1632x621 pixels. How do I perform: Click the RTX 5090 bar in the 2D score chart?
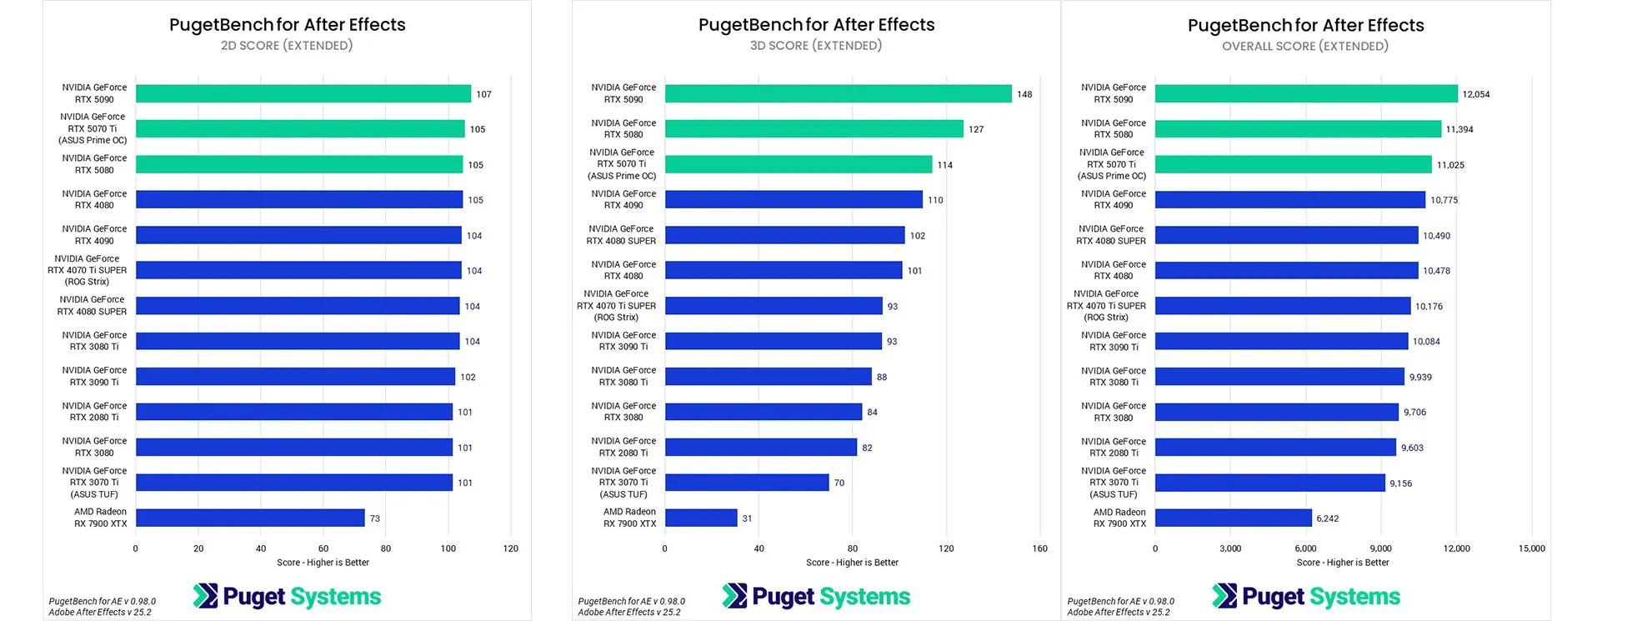[x=303, y=94]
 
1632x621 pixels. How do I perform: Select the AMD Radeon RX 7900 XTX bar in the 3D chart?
[x=701, y=518]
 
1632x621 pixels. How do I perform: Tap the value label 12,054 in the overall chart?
[x=1475, y=94]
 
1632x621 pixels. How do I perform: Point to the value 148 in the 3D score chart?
[x=1024, y=94]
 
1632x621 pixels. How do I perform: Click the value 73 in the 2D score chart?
[x=375, y=518]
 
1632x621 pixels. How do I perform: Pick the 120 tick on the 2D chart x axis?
[x=510, y=548]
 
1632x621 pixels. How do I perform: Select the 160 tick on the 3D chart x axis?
[x=1039, y=548]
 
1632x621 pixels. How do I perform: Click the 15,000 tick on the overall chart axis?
[x=1531, y=548]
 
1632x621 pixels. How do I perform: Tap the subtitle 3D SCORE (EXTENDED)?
[x=815, y=46]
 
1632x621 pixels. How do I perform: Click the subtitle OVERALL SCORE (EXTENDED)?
[x=1304, y=47]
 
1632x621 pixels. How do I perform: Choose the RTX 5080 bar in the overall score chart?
[x=1298, y=129]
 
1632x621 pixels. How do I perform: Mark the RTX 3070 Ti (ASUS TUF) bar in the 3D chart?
[x=747, y=483]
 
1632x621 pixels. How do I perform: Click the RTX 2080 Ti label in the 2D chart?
[x=94, y=412]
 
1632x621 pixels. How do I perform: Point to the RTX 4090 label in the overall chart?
[x=1113, y=199]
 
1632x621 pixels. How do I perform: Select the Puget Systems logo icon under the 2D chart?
[x=205, y=596]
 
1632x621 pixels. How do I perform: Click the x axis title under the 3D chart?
[x=852, y=563]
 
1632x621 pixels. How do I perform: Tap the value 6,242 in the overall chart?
[x=1327, y=518]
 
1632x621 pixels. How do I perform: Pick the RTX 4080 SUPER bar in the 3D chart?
[x=784, y=235]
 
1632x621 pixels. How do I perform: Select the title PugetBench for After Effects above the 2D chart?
[x=287, y=25]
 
